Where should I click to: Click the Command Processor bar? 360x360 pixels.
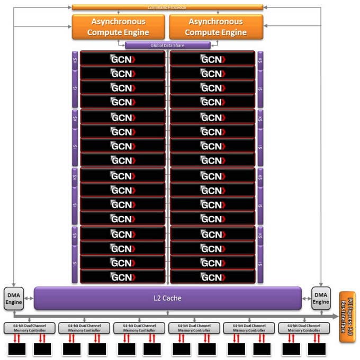point(167,7)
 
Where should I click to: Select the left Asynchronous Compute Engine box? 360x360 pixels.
point(119,27)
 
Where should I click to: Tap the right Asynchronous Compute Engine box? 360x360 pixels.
point(215,27)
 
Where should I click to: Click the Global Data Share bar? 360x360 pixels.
point(167,46)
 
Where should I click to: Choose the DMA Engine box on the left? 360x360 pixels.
point(14,298)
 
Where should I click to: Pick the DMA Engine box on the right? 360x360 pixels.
point(321,298)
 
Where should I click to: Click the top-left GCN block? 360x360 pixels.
point(123,59)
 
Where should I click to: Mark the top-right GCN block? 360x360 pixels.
point(212,59)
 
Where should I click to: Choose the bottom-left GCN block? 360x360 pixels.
point(123,276)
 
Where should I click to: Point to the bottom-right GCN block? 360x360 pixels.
point(212,276)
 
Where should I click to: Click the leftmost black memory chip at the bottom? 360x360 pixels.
point(16,349)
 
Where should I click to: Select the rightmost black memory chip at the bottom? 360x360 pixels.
point(317,349)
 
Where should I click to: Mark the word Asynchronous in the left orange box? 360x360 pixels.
point(119,22)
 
